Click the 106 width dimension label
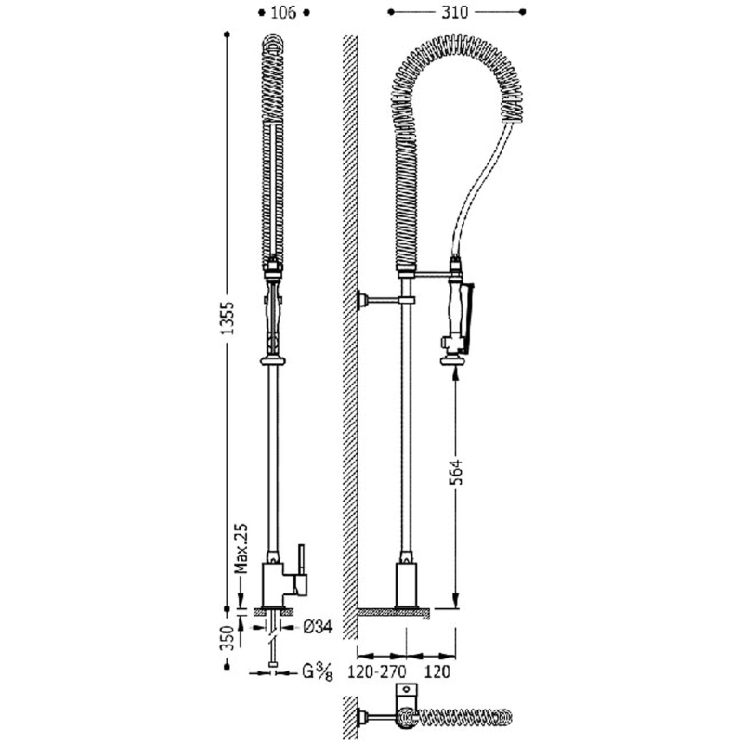click(x=283, y=12)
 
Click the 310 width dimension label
click(x=455, y=12)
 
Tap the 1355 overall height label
click(x=228, y=318)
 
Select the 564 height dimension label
click(x=455, y=472)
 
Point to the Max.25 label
click(x=241, y=548)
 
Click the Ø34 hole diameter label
click(x=318, y=628)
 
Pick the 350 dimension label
click(x=228, y=638)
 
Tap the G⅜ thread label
click(x=317, y=672)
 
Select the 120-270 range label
click(x=377, y=671)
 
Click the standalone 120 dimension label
click(x=437, y=671)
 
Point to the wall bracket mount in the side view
click(x=363, y=300)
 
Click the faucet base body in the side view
click(x=406, y=584)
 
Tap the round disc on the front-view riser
click(x=273, y=361)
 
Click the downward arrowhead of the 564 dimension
click(x=455, y=599)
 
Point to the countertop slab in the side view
click(x=394, y=613)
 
